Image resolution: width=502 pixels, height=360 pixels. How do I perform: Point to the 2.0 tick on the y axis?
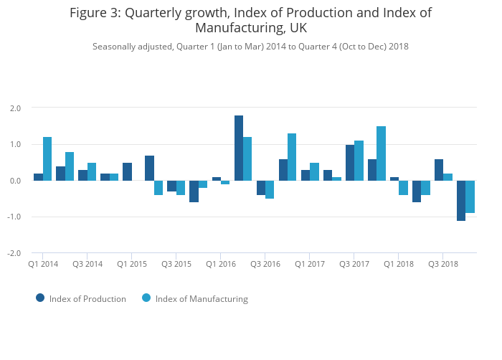pos(15,108)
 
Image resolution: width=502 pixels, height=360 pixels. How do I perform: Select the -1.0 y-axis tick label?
pos(14,217)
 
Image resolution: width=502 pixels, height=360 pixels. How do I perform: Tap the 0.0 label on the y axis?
pos(15,181)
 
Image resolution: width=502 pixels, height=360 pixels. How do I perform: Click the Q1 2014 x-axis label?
pos(43,264)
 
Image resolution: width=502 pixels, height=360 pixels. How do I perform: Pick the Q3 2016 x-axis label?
pos(265,264)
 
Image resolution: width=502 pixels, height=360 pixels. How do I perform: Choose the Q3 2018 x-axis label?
pos(443,264)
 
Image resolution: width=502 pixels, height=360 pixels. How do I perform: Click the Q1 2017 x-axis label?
pos(310,264)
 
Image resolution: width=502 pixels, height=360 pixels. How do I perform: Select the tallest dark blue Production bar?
pos(239,148)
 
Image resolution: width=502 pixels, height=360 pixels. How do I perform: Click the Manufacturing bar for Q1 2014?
pos(47,158)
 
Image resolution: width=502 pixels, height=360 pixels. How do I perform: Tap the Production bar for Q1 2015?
pos(127,171)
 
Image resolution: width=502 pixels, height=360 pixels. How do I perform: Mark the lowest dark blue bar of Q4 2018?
pos(461,201)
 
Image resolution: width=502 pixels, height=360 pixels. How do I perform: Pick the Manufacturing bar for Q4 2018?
pos(470,196)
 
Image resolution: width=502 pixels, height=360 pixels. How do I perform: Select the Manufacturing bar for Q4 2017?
pos(382,153)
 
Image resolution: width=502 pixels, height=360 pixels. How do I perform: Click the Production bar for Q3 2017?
pos(350,163)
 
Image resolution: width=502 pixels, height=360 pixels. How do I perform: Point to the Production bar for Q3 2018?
pos(439,170)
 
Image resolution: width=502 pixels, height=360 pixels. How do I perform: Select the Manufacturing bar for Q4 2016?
pos(292,157)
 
